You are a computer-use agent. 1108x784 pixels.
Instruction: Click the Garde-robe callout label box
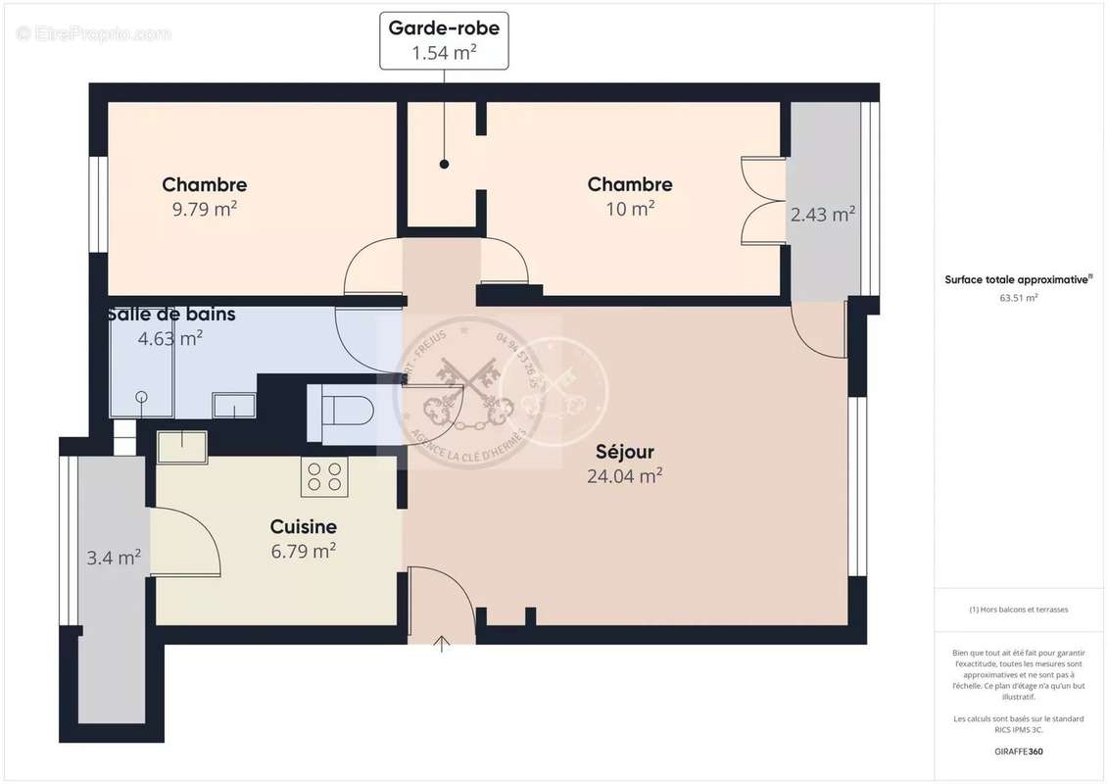coord(444,40)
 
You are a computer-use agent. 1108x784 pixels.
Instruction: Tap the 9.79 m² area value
coord(205,209)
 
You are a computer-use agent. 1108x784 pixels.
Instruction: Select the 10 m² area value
coord(630,209)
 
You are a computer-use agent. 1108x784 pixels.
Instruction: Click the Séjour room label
coord(625,452)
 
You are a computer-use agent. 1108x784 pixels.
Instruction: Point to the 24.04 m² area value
coord(624,476)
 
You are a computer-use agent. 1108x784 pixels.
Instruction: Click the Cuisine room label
coord(304,527)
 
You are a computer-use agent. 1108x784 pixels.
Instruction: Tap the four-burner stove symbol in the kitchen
coord(325,476)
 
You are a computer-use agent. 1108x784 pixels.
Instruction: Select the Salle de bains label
coord(172,315)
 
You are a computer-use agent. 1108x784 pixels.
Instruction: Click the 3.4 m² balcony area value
coord(114,559)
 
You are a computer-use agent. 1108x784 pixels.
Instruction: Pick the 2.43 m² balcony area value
coord(823,215)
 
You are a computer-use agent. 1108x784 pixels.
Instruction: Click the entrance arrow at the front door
coord(442,644)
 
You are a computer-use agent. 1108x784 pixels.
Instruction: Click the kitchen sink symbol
coord(182,447)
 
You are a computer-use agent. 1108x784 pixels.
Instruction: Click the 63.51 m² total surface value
coord(1018,298)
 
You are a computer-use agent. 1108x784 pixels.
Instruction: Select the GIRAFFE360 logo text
coord(1018,752)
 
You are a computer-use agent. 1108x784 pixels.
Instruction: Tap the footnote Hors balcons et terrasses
coord(1018,610)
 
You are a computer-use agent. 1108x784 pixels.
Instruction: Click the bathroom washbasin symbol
coord(234,404)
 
